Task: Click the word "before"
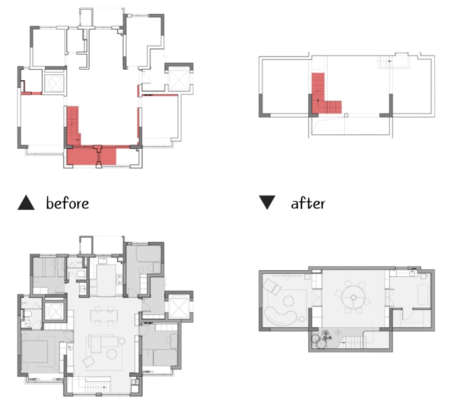point(67,203)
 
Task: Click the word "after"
point(308,203)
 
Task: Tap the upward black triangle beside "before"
point(26,202)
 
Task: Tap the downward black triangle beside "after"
point(267,202)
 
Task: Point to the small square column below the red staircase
point(346,115)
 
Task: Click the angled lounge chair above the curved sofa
point(272,286)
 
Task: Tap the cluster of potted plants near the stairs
point(322,340)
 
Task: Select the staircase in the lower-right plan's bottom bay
point(354,342)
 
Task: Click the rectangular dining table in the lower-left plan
point(104,316)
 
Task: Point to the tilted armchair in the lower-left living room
point(89,362)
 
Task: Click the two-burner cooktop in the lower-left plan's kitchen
point(119,279)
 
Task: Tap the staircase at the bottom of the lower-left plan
point(98,387)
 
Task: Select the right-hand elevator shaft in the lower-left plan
point(179,307)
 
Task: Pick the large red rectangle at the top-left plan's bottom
point(91,156)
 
